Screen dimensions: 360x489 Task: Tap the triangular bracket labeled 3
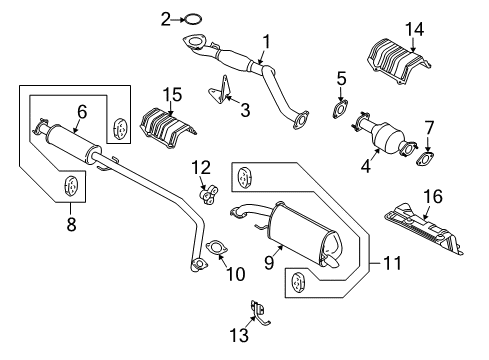(x=220, y=95)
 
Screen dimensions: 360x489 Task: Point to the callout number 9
(x=241, y=264)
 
